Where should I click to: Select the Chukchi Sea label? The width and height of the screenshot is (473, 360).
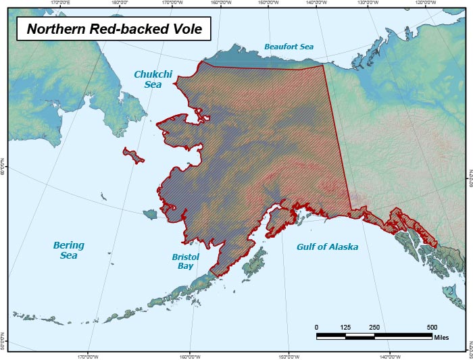[x=152, y=80]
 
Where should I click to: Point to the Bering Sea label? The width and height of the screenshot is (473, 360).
[x=68, y=251]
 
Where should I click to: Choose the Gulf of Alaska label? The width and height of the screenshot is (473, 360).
[x=327, y=247]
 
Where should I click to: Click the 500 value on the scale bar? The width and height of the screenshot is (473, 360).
[x=432, y=328]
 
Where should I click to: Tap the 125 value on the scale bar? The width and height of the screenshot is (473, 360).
[x=345, y=328]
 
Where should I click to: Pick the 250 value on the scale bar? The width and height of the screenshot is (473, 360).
[x=374, y=328]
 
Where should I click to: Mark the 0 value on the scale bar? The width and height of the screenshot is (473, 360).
[x=317, y=328]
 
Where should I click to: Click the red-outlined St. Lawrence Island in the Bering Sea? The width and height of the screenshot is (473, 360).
[x=134, y=155]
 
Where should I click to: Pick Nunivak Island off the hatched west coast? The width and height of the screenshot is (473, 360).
[x=150, y=214]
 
